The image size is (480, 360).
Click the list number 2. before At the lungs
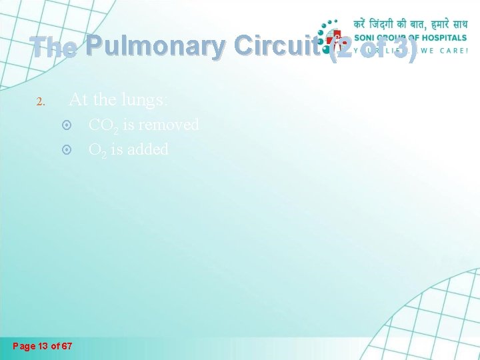click(x=40, y=102)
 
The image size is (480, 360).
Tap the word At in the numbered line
click(x=78, y=100)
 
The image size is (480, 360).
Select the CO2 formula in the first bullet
click(x=102, y=125)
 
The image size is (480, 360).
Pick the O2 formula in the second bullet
click(x=97, y=150)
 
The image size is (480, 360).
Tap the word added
click(x=147, y=149)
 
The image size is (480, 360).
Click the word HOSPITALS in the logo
click(x=443, y=37)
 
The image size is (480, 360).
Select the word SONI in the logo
click(x=365, y=37)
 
